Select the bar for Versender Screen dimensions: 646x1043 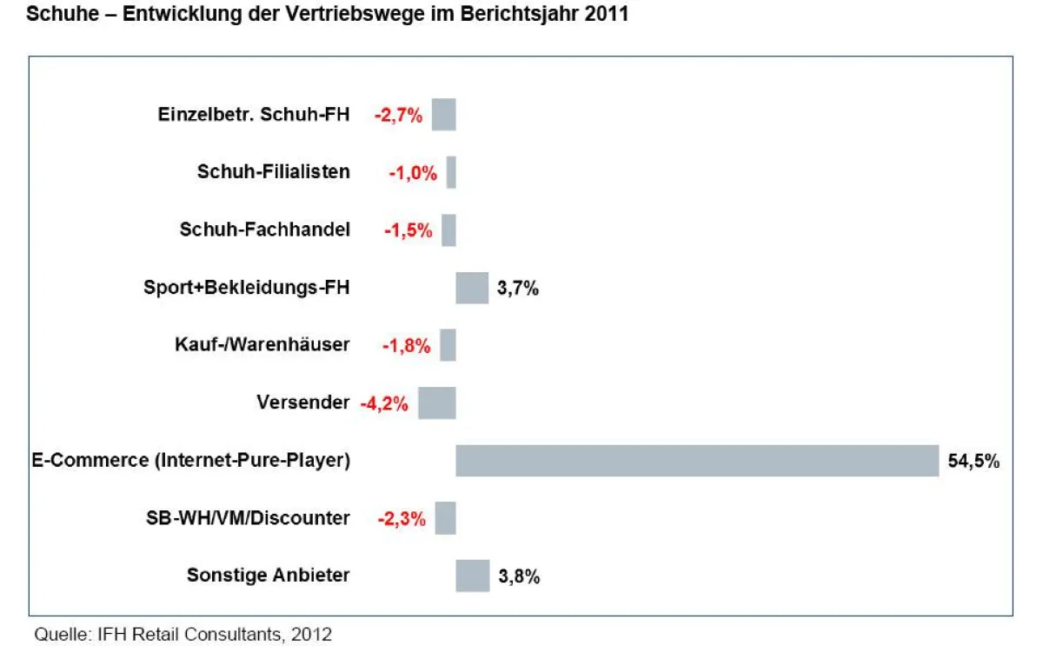pyautogui.click(x=437, y=403)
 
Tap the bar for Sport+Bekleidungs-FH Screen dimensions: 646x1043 pyautogui.click(x=472, y=288)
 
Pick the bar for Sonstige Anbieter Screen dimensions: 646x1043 pyautogui.click(x=473, y=576)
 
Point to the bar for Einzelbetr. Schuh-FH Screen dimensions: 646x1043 pyautogui.click(x=444, y=115)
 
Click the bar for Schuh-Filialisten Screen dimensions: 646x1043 pyautogui.click(x=451, y=172)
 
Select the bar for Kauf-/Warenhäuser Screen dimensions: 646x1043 pyautogui.click(x=448, y=345)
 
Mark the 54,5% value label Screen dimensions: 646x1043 pyautogui.click(x=973, y=462)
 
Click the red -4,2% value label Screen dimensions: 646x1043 pyautogui.click(x=384, y=403)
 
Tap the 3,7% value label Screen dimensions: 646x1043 pyautogui.click(x=518, y=289)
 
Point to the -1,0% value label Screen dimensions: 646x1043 pyautogui.click(x=413, y=173)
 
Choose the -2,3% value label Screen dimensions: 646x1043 pyautogui.click(x=402, y=519)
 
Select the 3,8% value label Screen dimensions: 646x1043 pyautogui.click(x=519, y=576)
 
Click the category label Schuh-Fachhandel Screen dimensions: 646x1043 pyautogui.click(x=265, y=230)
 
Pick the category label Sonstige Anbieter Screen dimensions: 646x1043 pyautogui.click(x=269, y=575)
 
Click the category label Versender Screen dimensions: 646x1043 pyautogui.click(x=302, y=403)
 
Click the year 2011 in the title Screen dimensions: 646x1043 pyautogui.click(x=608, y=16)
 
